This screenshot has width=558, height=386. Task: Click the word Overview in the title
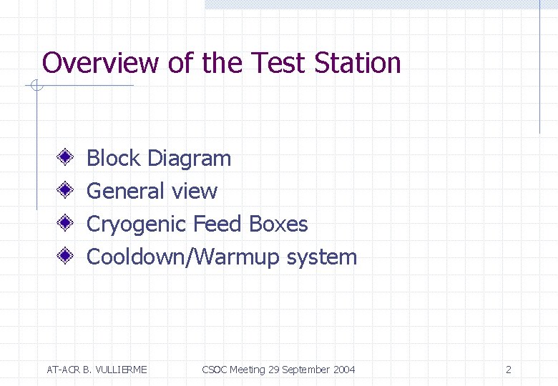point(99,63)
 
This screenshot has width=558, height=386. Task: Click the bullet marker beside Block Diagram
point(64,157)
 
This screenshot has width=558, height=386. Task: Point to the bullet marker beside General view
point(64,190)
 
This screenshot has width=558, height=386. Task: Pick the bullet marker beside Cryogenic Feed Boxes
point(64,223)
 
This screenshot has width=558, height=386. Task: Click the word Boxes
point(278,224)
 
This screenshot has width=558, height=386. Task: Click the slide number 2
point(508,370)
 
